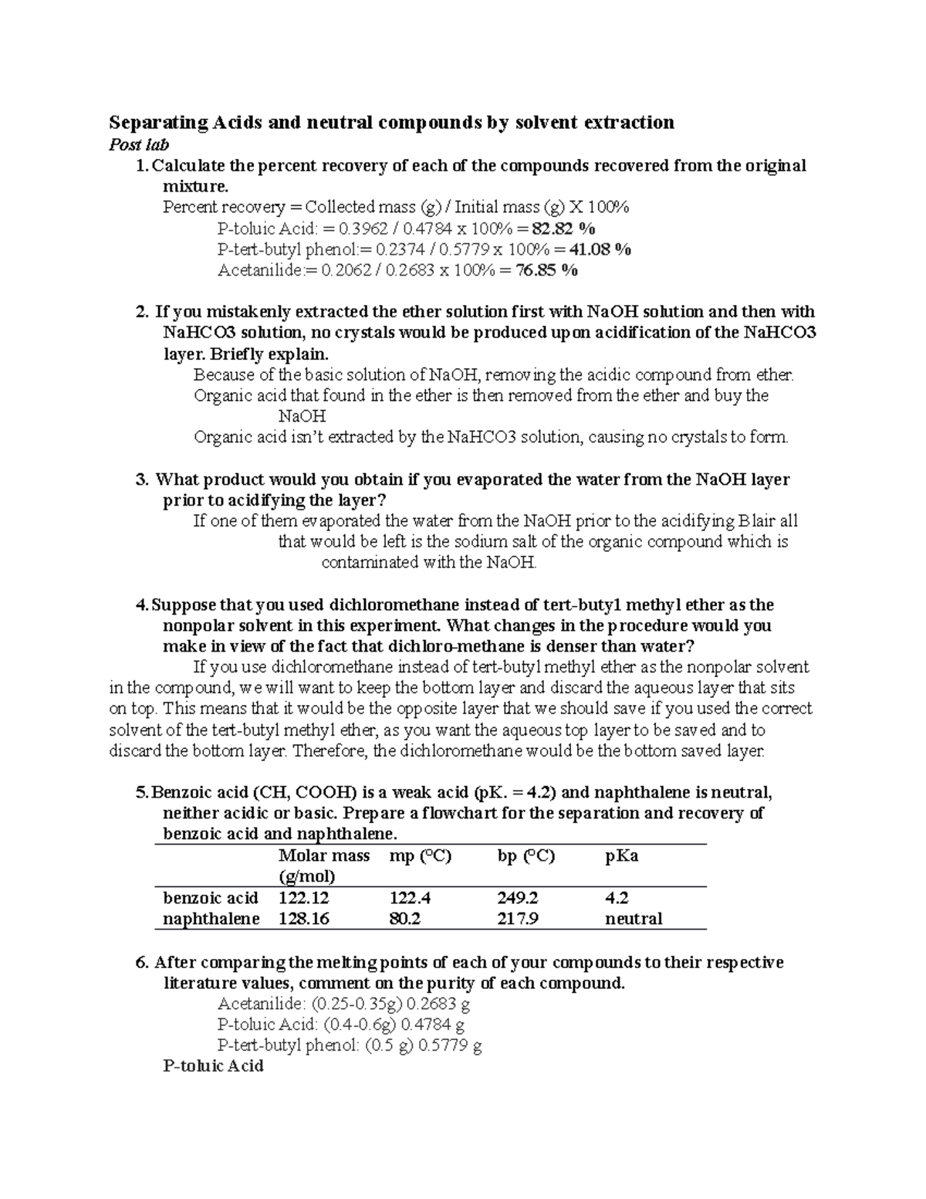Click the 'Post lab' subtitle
coord(139,144)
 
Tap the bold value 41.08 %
coord(600,249)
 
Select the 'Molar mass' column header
coord(323,855)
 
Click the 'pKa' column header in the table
coord(621,855)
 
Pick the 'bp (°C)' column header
coord(526,855)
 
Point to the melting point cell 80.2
coord(405,919)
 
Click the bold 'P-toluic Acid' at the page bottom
coord(214,1065)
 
